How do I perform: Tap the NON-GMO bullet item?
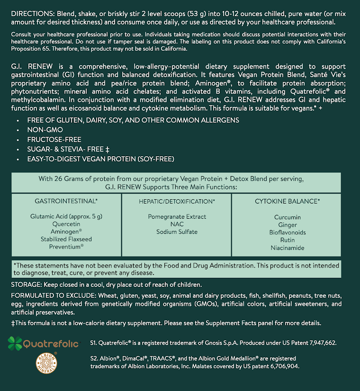click(45, 130)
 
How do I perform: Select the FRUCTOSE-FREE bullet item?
click(54, 140)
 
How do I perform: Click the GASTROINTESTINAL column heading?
click(66, 201)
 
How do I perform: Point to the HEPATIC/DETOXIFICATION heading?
click(177, 201)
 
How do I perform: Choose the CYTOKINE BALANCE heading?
click(287, 201)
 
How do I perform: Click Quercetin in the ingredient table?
click(66, 224)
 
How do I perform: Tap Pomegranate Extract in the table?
click(177, 217)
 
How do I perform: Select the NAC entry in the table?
click(177, 224)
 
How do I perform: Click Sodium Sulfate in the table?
click(177, 232)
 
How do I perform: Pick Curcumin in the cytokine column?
click(288, 217)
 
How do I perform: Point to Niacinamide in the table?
click(288, 248)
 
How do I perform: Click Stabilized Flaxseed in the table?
click(66, 239)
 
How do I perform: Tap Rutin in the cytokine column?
click(288, 240)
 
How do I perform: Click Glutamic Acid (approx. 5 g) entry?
click(66, 216)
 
